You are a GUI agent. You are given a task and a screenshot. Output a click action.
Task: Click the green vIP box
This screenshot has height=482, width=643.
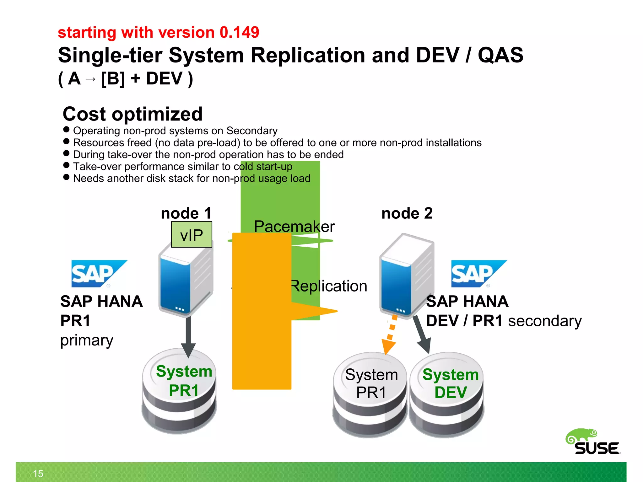192,235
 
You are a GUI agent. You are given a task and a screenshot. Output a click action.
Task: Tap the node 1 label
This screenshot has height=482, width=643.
186,213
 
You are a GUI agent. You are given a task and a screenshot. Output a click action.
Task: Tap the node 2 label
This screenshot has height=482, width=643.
407,213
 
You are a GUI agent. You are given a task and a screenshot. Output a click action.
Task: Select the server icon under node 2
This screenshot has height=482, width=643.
406,276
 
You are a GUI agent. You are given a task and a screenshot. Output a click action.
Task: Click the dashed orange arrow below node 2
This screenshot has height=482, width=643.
390,336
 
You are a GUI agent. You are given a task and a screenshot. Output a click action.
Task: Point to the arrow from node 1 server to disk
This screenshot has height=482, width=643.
188,336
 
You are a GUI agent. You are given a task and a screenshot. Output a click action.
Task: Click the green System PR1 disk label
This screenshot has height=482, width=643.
184,381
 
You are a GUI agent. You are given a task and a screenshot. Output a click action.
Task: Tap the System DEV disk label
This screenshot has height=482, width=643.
451,383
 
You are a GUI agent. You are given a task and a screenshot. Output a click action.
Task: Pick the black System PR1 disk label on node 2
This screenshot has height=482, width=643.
371,383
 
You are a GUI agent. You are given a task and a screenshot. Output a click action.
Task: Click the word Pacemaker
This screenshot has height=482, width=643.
294,227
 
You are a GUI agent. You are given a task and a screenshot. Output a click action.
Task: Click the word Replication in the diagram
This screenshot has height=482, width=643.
328,286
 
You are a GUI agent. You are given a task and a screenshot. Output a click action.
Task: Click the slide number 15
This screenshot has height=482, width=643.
38,474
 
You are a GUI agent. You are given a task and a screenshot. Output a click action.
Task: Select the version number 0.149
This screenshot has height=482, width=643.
239,32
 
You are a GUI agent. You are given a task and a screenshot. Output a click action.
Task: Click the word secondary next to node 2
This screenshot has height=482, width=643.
545,321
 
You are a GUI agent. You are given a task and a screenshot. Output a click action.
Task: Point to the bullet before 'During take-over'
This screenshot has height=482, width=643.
66,153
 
